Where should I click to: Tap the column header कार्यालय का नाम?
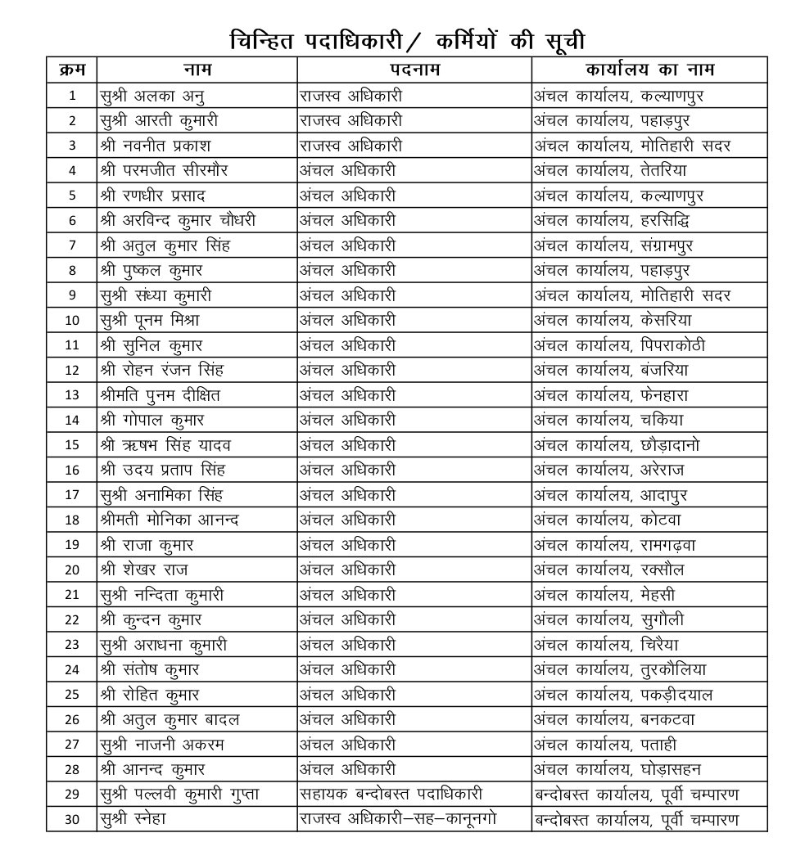coord(649,70)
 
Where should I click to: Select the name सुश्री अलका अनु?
coord(152,96)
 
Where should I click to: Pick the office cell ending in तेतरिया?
coord(610,170)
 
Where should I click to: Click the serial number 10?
coord(72,320)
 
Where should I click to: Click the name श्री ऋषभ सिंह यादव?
coord(165,445)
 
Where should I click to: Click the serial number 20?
coord(72,570)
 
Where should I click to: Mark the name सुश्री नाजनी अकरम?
coord(161,744)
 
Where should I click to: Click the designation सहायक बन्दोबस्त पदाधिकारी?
coord(391,795)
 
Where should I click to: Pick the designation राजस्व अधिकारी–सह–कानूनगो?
coord(397,819)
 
